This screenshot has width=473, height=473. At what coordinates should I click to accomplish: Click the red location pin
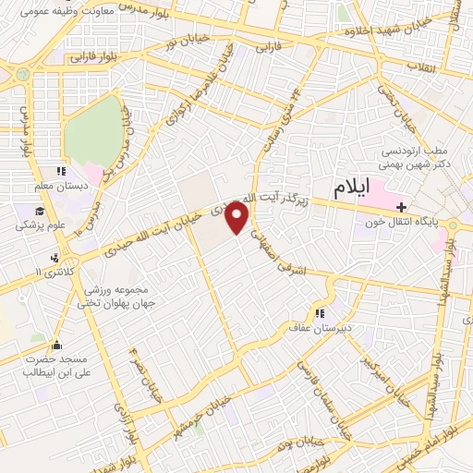tap(237, 217)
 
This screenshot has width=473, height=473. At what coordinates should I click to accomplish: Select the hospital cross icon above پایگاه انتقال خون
tap(401, 204)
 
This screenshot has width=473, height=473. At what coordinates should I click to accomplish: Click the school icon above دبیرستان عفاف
tap(321, 311)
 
